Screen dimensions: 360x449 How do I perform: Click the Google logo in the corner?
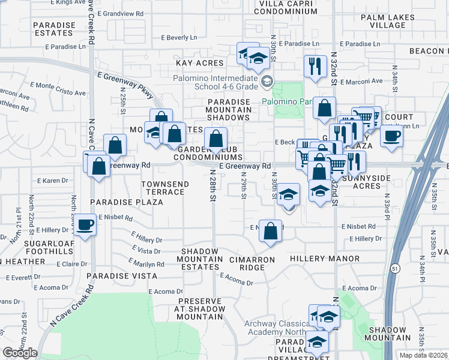tap(20, 353)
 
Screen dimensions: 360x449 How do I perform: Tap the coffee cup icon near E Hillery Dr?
tap(85, 225)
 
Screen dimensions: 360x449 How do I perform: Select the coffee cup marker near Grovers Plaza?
tap(391, 135)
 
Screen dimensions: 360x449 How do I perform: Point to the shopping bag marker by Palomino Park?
tap(324, 108)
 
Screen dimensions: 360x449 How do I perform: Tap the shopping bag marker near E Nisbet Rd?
tap(271, 230)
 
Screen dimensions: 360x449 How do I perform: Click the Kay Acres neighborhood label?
tap(199, 63)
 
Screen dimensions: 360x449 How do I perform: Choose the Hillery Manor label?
tap(325, 259)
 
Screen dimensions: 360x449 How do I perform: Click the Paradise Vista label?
tap(122, 276)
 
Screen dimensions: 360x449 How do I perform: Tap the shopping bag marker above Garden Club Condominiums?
tap(215, 139)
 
